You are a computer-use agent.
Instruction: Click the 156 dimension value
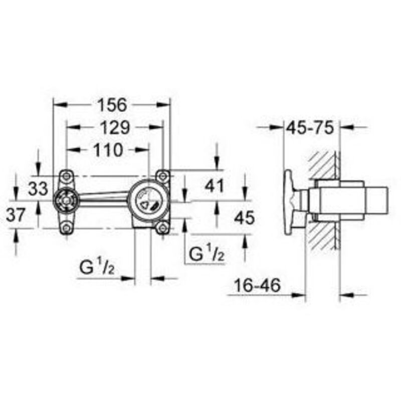[112, 105]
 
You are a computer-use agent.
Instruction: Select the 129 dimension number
[115, 127]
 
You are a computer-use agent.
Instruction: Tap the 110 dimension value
[108, 150]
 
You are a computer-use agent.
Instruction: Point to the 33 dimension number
[38, 189]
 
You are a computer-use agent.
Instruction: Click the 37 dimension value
[16, 215]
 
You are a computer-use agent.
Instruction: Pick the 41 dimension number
[215, 185]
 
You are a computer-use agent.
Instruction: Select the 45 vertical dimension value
[245, 218]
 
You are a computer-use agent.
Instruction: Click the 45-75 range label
[310, 127]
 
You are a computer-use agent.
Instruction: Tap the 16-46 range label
[257, 285]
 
